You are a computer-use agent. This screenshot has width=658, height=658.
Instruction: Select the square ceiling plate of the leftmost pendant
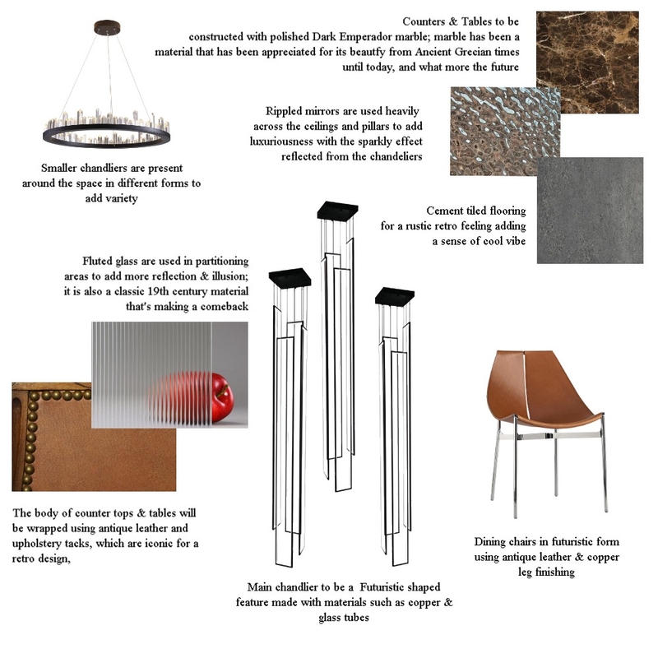coord(290,276)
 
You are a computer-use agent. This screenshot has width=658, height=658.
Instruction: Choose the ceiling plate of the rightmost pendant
coord(393,295)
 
